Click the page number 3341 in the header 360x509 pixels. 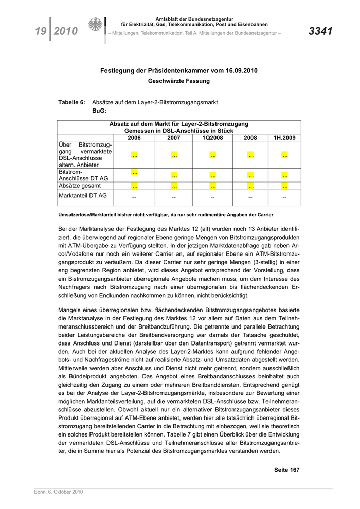click(x=320, y=31)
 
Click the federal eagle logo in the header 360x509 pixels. click(x=96, y=26)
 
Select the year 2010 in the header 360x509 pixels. click(x=65, y=31)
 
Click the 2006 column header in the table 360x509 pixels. click(x=134, y=138)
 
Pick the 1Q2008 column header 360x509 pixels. click(x=212, y=138)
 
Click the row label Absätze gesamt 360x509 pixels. click(x=80, y=185)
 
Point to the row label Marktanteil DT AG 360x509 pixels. click(x=83, y=195)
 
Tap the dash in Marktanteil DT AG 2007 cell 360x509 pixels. click(x=174, y=197)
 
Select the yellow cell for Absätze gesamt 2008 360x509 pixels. click(x=250, y=186)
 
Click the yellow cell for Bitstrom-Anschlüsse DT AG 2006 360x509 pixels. click(x=134, y=172)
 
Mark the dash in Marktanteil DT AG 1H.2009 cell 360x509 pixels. click(x=284, y=197)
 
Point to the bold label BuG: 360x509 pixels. click(x=99, y=111)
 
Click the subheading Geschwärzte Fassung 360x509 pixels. click(x=178, y=81)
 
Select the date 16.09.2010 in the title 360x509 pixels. click(x=238, y=70)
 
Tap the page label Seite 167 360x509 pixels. click(x=286, y=469)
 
